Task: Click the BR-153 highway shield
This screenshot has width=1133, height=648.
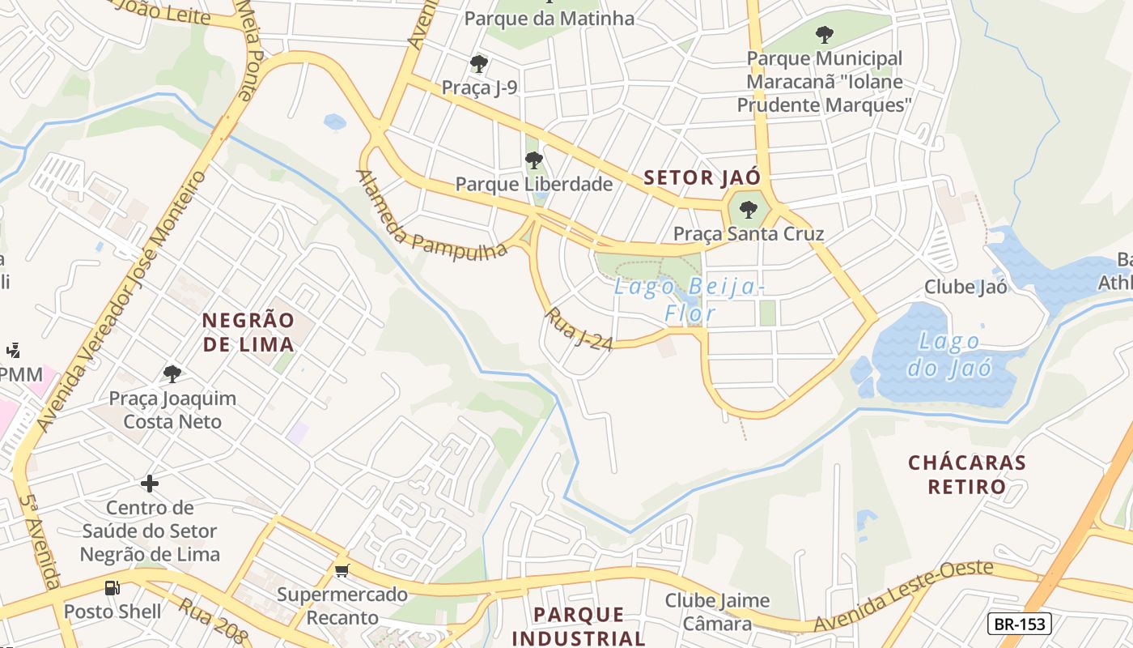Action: pyautogui.click(x=1020, y=624)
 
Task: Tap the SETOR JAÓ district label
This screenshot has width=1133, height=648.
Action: pyautogui.click(x=702, y=178)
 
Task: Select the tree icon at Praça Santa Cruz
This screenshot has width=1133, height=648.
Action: pyautogui.click(x=749, y=210)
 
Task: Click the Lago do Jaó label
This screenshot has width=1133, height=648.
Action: pyautogui.click(x=948, y=355)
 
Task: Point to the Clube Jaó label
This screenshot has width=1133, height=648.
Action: pyautogui.click(x=965, y=287)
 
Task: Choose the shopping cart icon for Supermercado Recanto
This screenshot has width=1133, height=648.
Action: pyautogui.click(x=342, y=571)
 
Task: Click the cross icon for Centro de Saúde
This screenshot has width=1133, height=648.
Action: pyautogui.click(x=150, y=484)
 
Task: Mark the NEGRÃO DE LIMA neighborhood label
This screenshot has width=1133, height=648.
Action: pyautogui.click(x=248, y=332)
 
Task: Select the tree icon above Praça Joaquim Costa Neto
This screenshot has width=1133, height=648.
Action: pyautogui.click(x=172, y=373)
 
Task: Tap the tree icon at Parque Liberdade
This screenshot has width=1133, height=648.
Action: pyautogui.click(x=533, y=160)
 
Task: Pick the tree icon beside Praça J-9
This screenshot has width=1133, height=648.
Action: pyautogui.click(x=479, y=63)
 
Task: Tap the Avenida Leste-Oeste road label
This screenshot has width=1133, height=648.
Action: pyautogui.click(x=903, y=596)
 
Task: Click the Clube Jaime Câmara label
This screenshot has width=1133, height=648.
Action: pyautogui.click(x=717, y=612)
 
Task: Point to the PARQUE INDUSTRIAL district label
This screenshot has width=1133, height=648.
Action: pyautogui.click(x=579, y=626)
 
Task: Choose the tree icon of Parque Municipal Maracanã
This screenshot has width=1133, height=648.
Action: pyautogui.click(x=824, y=35)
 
